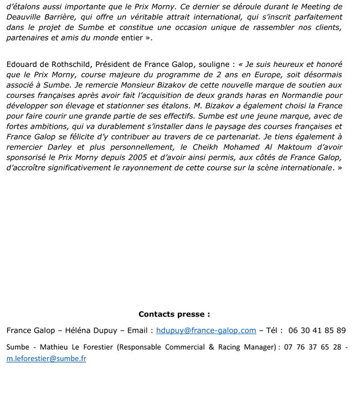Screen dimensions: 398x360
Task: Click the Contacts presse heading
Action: tap(174, 314)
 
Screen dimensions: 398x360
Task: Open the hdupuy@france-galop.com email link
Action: tap(206, 330)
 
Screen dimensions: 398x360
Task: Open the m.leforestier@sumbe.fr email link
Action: tap(46, 358)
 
